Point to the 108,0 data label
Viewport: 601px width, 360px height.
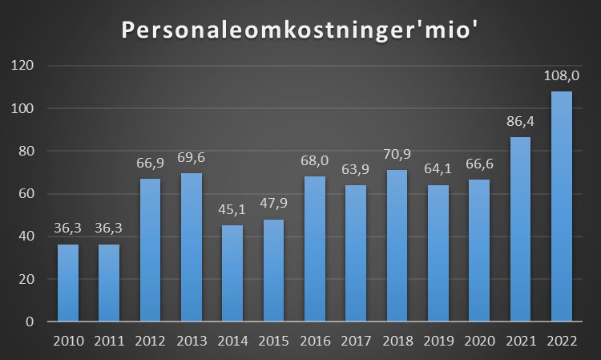pyautogui.click(x=562, y=77)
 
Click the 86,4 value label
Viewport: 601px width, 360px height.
pyautogui.click(x=520, y=123)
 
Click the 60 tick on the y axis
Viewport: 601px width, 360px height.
pyautogui.click(x=26, y=193)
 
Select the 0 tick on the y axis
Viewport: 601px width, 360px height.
pyautogui.click(x=30, y=322)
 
